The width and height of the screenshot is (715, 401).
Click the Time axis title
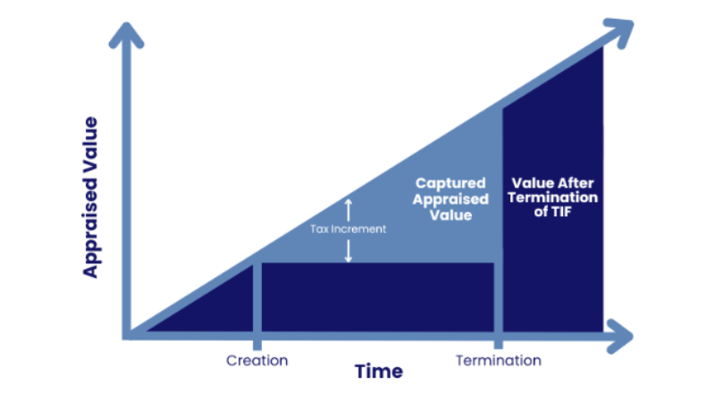[378, 371]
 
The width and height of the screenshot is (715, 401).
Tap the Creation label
[257, 361]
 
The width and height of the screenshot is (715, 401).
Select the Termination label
[499, 361]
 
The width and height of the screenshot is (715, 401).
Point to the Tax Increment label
[349, 229]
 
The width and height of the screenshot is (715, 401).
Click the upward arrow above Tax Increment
[349, 209]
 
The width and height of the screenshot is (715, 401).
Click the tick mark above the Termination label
[499, 345]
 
